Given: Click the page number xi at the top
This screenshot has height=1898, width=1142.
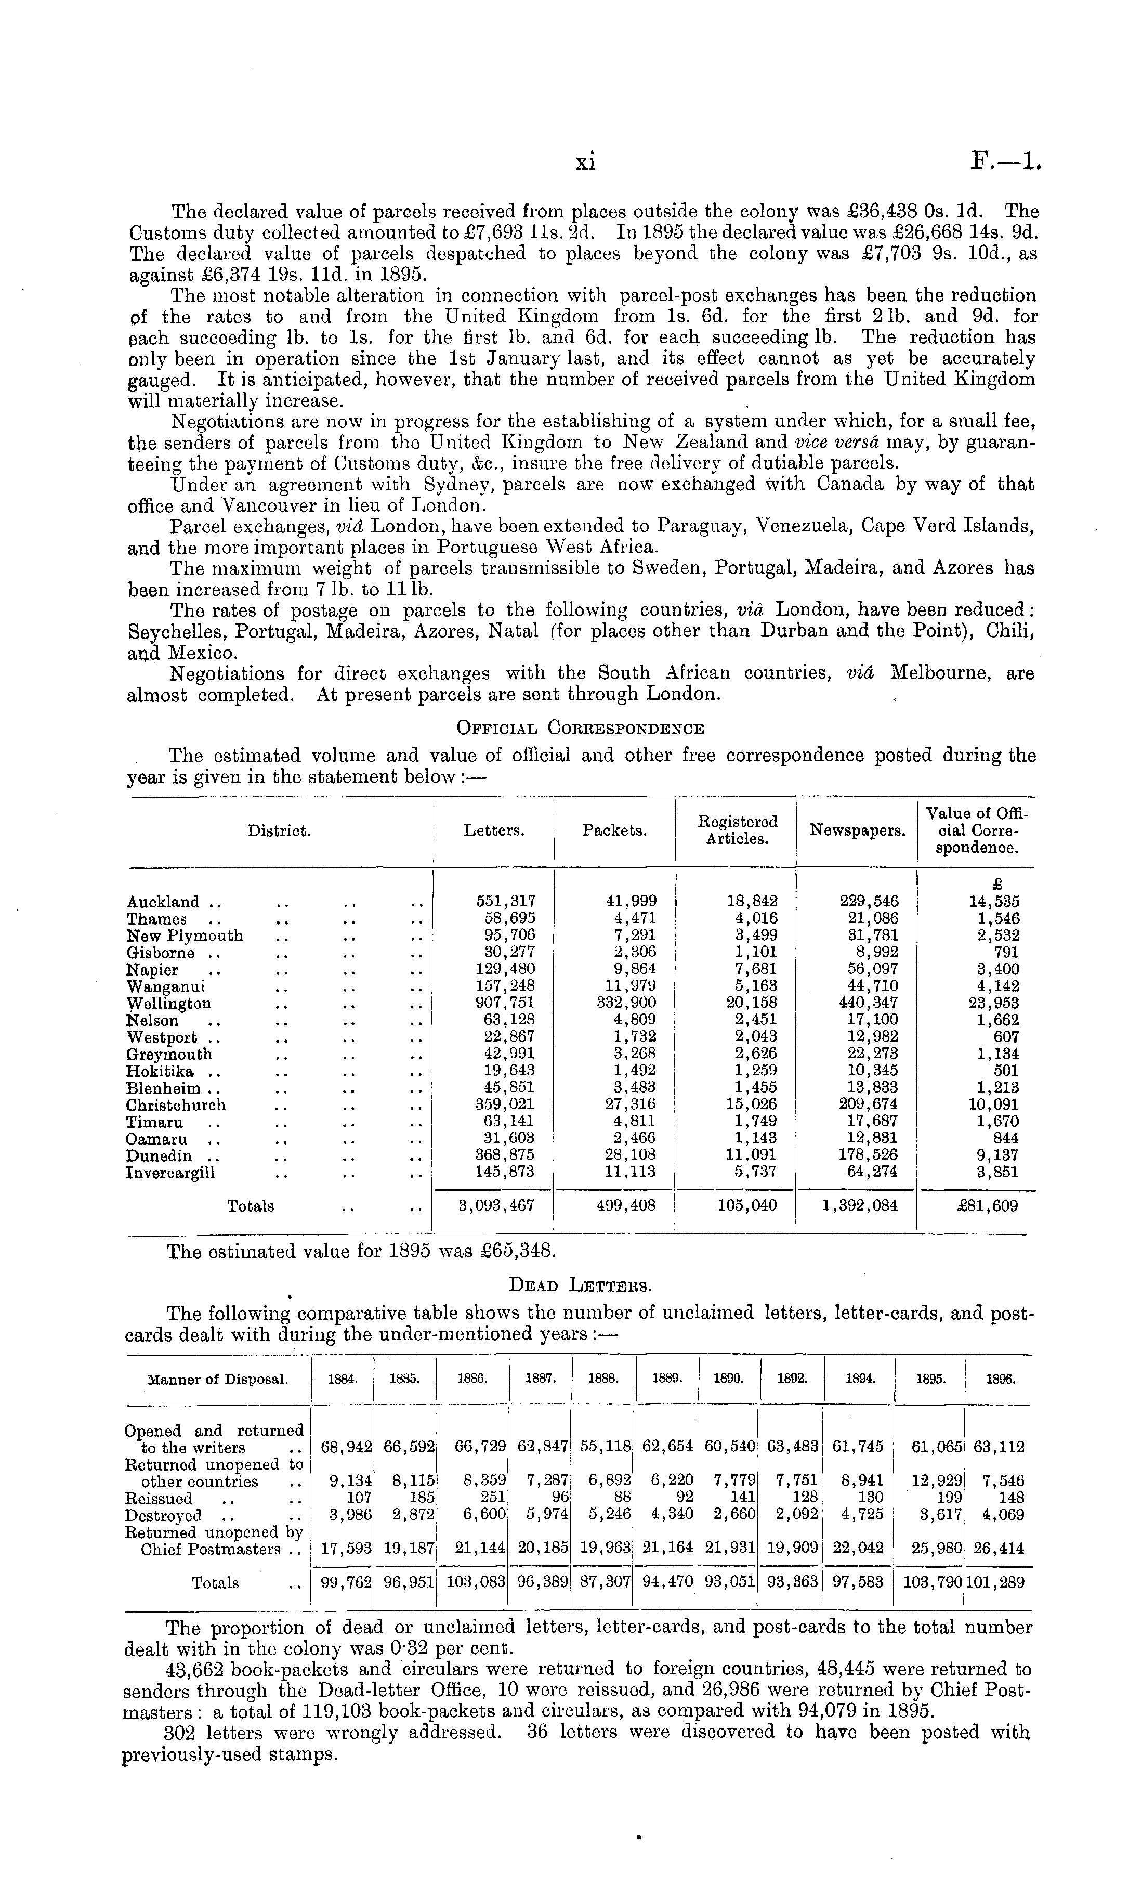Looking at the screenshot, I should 586,162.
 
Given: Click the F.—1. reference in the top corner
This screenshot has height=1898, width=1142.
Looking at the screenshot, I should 1006,162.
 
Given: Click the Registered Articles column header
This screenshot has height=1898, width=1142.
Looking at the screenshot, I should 737,830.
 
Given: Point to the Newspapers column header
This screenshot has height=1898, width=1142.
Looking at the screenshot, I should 857,830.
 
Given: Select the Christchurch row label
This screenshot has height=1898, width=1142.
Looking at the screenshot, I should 176,1105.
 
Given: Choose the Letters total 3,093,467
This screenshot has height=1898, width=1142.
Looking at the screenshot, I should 496,1206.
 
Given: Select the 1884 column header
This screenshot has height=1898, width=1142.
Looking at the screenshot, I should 342,1380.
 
